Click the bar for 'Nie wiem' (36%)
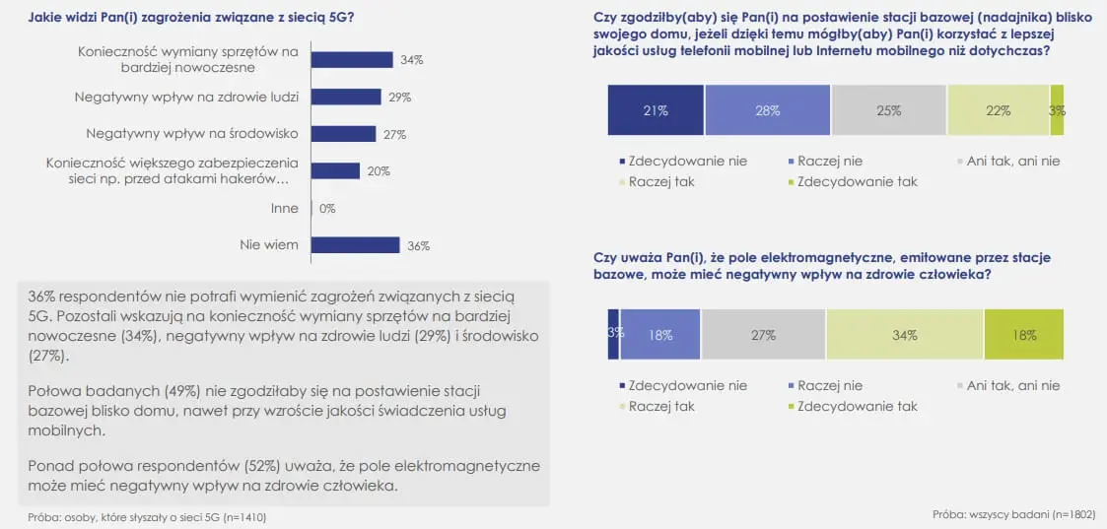click(x=355, y=245)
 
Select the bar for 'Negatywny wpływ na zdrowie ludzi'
click(x=346, y=97)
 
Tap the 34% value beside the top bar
click(x=412, y=60)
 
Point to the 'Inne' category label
click(x=284, y=209)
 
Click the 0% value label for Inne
click(x=327, y=209)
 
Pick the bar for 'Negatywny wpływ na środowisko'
click(x=343, y=134)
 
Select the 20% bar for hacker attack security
click(x=335, y=170)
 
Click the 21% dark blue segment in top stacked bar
click(x=656, y=110)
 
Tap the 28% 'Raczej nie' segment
click(x=768, y=110)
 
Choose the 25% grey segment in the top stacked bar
click(x=889, y=110)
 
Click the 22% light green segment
click(x=999, y=110)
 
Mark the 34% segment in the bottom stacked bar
click(x=905, y=335)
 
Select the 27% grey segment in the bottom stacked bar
click(x=763, y=335)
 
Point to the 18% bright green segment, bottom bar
click(x=1024, y=335)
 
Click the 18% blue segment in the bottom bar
click(x=660, y=335)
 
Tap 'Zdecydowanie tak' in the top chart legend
click(x=857, y=181)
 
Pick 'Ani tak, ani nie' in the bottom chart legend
click(x=1013, y=385)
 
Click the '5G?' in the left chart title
click(x=343, y=16)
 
